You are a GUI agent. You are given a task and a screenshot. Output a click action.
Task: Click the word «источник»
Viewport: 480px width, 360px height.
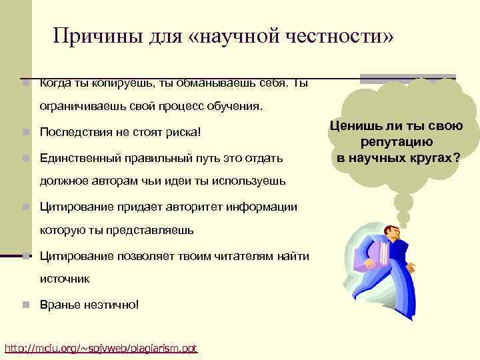[x=65, y=279]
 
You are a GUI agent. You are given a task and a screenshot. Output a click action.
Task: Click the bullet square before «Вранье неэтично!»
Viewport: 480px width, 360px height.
[x=25, y=305]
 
